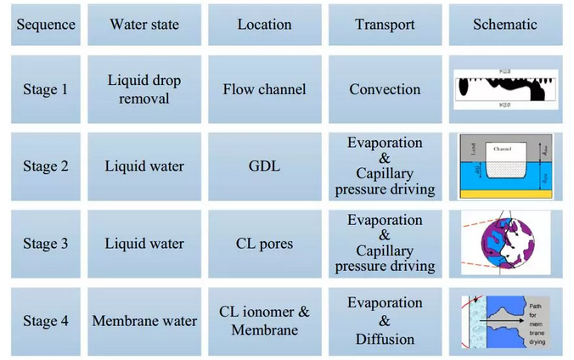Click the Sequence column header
(x=46, y=25)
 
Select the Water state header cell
(x=144, y=25)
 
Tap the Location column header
(x=264, y=25)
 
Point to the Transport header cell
(x=385, y=25)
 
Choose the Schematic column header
(x=505, y=25)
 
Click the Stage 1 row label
(x=46, y=89)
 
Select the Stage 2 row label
(x=46, y=166)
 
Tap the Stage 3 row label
(x=46, y=244)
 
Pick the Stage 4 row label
(x=46, y=321)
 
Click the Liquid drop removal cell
(x=144, y=89)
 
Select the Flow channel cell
(x=264, y=89)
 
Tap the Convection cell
(x=385, y=89)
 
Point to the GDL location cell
(x=264, y=166)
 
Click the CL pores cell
(x=264, y=244)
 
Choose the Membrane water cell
(x=144, y=321)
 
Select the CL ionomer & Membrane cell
(x=264, y=320)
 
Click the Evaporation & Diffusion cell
(x=385, y=321)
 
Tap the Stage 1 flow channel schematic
(x=504, y=89)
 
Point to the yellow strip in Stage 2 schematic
(x=505, y=194)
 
